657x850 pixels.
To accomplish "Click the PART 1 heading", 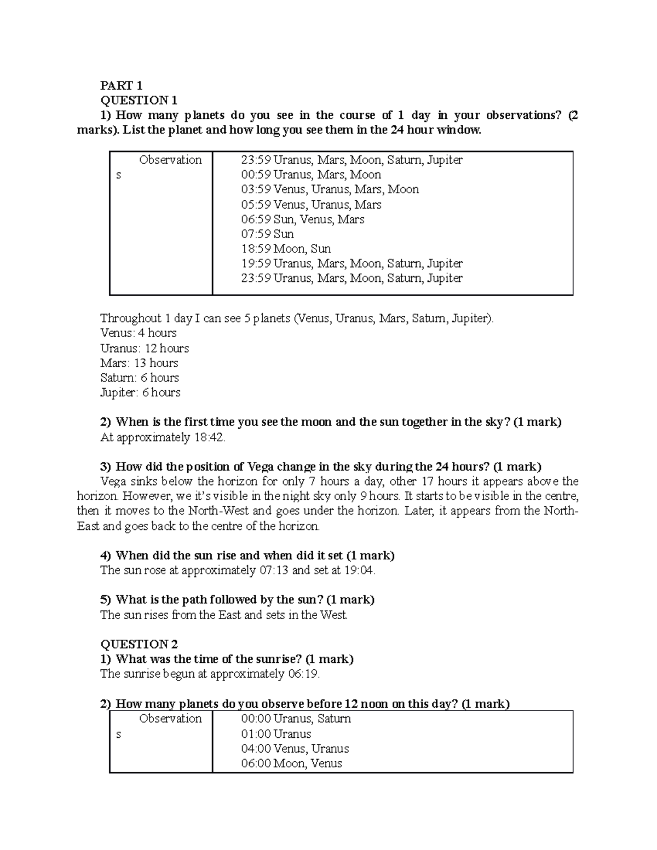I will pyautogui.click(x=121, y=85).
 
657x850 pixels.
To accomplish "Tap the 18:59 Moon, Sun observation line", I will pyautogui.click(x=286, y=249).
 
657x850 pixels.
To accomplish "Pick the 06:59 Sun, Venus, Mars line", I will pyautogui.click(x=302, y=219).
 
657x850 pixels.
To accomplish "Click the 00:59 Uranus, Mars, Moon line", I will pyautogui.click(x=311, y=175).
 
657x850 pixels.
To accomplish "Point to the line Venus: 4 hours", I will pyautogui.click(x=139, y=333).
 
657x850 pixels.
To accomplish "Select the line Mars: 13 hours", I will pyautogui.click(x=139, y=363).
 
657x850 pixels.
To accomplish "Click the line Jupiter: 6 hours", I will pyautogui.click(x=140, y=392).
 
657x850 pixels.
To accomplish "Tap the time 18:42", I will pyautogui.click(x=209, y=437).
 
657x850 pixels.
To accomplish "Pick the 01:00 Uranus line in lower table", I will pyautogui.click(x=276, y=734).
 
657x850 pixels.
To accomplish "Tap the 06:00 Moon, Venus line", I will pyautogui.click(x=291, y=764).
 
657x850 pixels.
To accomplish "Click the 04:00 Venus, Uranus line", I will pyautogui.click(x=295, y=749).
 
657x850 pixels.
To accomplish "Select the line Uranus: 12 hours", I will pyautogui.click(x=145, y=348).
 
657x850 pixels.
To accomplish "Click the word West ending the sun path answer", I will pyautogui.click(x=333, y=615).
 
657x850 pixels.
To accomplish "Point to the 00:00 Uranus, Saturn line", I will pyautogui.click(x=296, y=719).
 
